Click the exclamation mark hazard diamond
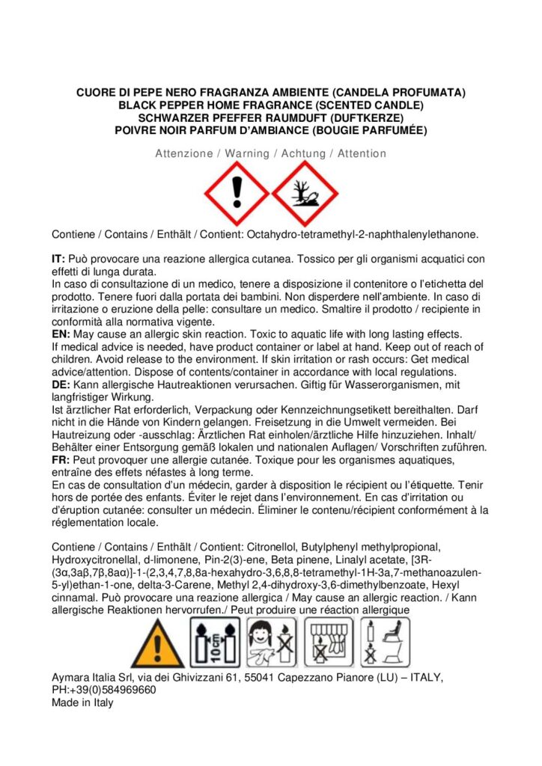(x=237, y=194)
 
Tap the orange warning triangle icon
(x=157, y=642)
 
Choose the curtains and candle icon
(x=329, y=642)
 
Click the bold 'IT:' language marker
(x=59, y=258)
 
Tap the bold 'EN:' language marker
(x=61, y=334)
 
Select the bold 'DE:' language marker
(x=61, y=384)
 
